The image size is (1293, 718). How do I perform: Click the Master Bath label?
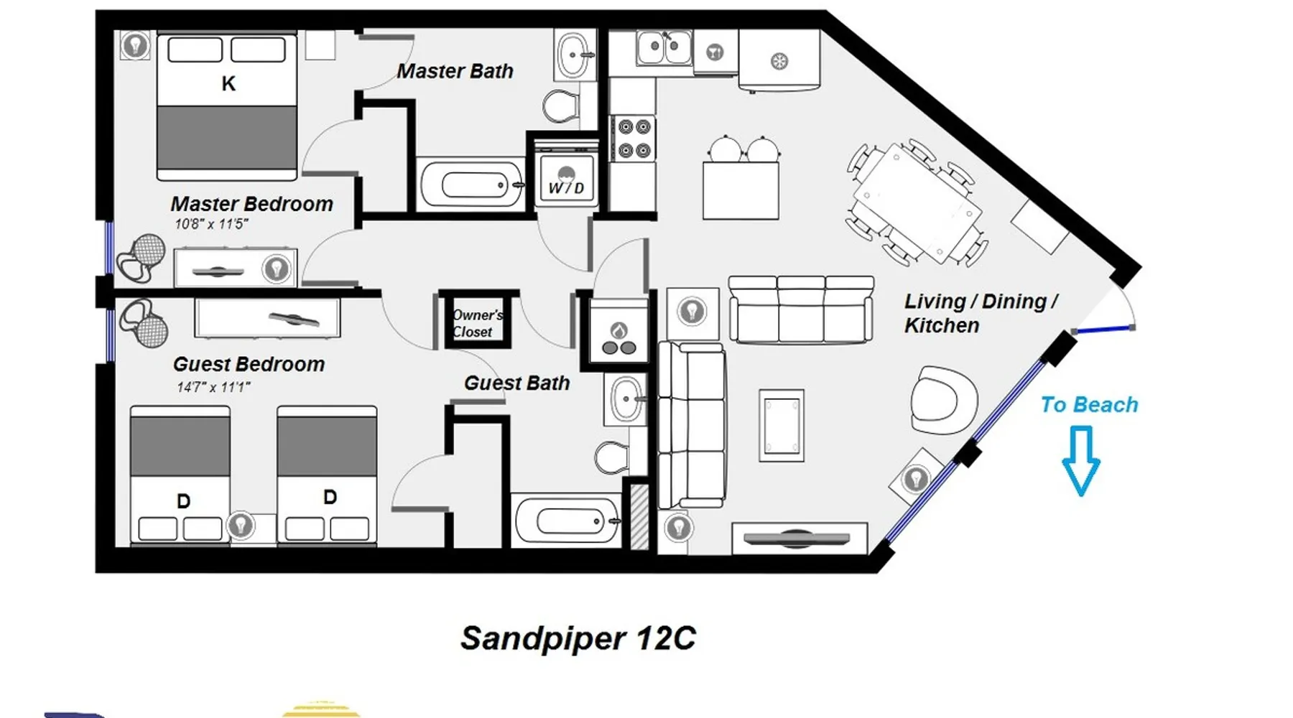(455, 71)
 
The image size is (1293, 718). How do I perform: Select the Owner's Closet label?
(477, 323)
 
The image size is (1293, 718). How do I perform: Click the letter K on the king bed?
(228, 84)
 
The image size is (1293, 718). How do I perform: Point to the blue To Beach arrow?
(1080, 460)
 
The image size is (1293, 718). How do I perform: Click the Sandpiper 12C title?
(578, 638)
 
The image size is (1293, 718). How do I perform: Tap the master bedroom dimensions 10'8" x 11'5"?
(211, 224)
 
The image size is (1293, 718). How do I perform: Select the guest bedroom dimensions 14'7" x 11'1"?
(213, 387)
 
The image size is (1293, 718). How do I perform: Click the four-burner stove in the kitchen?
(633, 138)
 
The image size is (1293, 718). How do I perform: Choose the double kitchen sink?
(664, 47)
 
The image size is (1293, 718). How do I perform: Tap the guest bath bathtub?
(567, 521)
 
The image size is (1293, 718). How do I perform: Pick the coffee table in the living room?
(782, 425)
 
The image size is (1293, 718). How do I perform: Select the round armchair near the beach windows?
(944, 400)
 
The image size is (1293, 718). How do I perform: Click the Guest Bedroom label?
(249, 364)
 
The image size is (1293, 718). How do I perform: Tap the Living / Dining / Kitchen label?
(981, 313)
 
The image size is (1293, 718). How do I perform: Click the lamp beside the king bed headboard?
(135, 46)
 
